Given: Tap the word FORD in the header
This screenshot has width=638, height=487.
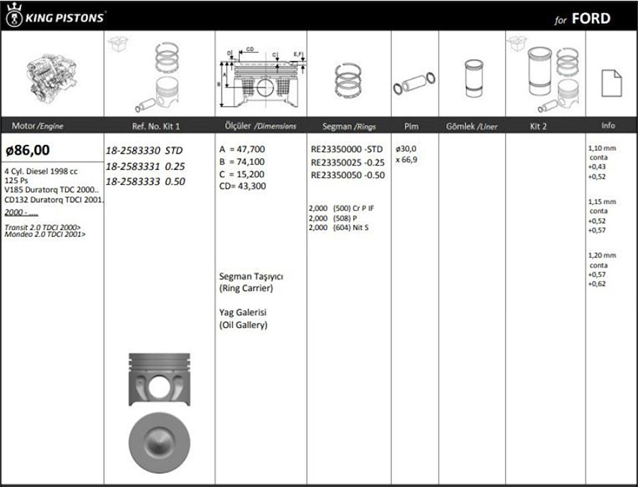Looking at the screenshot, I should (x=591, y=19).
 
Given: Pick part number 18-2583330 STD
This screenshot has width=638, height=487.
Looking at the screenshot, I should (x=144, y=150).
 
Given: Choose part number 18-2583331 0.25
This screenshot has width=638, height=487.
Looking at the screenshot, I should (x=145, y=166).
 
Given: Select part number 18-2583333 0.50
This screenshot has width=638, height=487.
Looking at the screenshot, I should (x=145, y=182).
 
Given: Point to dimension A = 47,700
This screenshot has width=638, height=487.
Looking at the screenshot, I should (x=242, y=149).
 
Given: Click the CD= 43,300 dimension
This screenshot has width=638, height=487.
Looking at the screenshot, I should (x=242, y=186).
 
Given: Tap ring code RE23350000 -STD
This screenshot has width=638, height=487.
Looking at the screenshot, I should (x=347, y=149).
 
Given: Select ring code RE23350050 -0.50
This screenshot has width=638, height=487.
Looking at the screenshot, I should (x=348, y=175).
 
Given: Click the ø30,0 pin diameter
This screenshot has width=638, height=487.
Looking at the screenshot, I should (x=406, y=149).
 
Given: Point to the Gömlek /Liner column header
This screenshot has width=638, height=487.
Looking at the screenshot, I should (x=471, y=126).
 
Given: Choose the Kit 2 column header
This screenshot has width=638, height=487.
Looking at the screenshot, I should (x=538, y=126).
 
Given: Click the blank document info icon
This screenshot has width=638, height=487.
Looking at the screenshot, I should (x=611, y=83).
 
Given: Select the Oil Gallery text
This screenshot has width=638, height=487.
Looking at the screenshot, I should (x=243, y=325).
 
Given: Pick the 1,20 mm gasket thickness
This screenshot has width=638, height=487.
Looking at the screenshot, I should (x=602, y=255).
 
